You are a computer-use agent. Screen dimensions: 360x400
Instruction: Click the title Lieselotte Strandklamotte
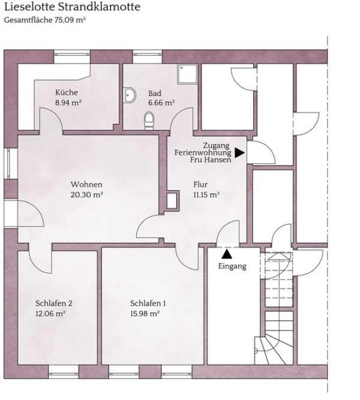click(x=72, y=7)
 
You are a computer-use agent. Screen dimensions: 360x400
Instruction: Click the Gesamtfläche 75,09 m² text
click(x=44, y=20)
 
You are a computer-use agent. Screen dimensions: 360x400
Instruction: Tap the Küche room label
click(x=67, y=92)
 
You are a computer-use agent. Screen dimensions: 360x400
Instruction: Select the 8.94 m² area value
click(x=68, y=103)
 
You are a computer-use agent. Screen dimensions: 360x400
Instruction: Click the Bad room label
click(x=155, y=93)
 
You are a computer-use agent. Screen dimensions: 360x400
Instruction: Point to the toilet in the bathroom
click(x=149, y=120)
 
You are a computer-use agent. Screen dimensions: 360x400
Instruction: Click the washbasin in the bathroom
click(x=130, y=95)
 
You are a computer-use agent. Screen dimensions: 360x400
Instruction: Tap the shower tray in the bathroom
click(x=187, y=74)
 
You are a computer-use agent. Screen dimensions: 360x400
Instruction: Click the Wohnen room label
click(x=86, y=184)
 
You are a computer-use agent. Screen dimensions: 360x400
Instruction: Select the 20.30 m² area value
click(x=87, y=195)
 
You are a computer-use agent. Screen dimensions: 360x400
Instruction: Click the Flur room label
click(x=200, y=184)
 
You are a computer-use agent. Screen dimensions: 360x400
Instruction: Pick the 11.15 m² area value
click(x=206, y=195)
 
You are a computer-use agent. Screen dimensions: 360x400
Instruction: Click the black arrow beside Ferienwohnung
click(x=240, y=152)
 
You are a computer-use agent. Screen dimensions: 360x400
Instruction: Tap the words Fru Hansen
click(x=211, y=160)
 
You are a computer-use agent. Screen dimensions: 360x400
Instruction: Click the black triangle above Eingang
click(x=227, y=254)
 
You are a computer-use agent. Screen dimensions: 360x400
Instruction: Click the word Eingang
click(x=232, y=266)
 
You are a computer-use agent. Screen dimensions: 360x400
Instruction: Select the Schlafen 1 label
click(x=148, y=303)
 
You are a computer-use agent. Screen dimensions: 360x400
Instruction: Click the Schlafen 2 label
click(x=54, y=303)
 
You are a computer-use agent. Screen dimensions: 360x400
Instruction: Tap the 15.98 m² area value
click(x=145, y=314)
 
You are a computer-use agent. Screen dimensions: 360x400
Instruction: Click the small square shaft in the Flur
click(x=172, y=200)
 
